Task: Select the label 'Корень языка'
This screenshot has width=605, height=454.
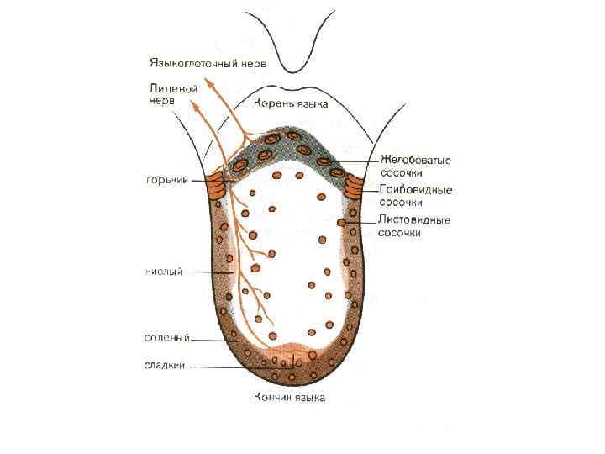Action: pyautogui.click(x=291, y=104)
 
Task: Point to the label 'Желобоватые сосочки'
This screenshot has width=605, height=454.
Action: pyautogui.click(x=416, y=165)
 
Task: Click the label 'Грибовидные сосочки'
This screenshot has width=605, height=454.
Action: pyautogui.click(x=415, y=196)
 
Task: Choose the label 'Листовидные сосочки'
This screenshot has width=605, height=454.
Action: pyautogui.click(x=414, y=226)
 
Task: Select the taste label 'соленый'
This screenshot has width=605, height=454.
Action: pyautogui.click(x=167, y=338)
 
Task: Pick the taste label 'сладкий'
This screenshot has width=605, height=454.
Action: pyautogui.click(x=166, y=365)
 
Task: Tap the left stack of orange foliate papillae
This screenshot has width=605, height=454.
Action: pyautogui.click(x=218, y=186)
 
